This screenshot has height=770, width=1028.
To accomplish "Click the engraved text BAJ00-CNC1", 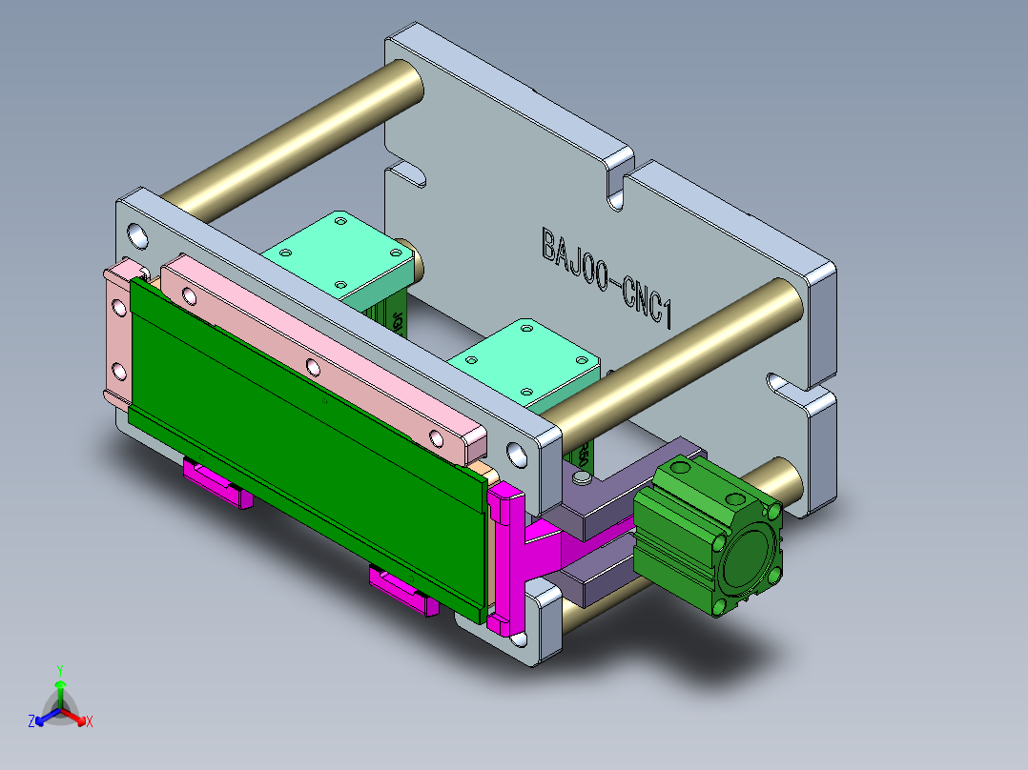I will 607,276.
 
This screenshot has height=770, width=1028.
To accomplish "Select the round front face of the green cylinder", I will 749,563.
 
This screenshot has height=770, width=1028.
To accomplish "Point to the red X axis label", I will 90,721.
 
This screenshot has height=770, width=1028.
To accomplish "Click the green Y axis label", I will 59,670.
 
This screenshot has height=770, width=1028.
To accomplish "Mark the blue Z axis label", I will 31,721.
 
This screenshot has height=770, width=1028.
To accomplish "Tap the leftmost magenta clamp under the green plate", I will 218,483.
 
